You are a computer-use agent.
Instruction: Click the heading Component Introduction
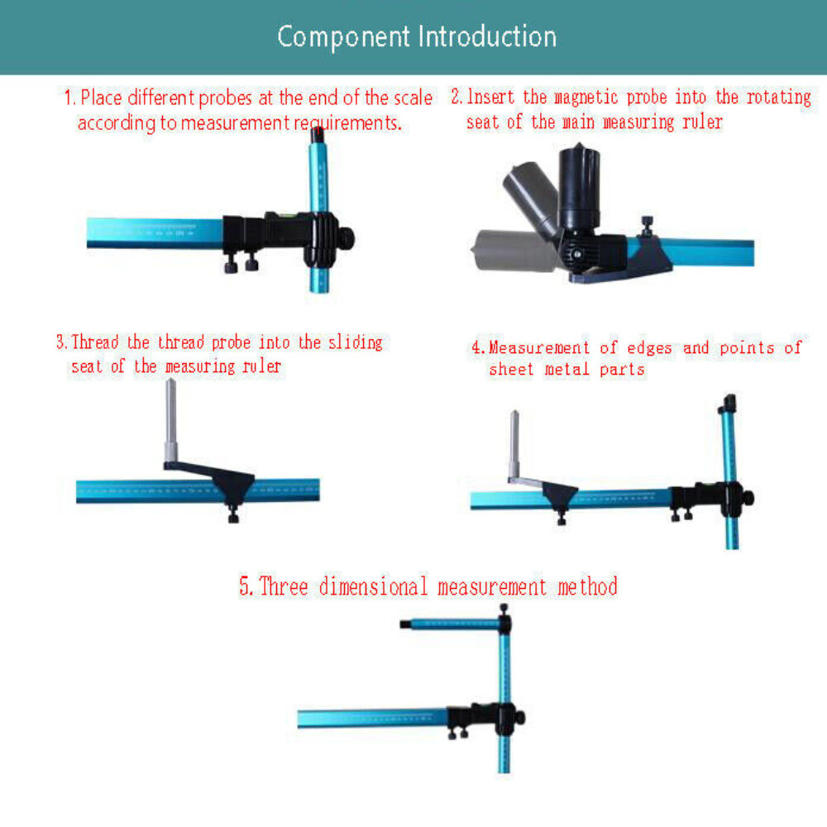pos(416,37)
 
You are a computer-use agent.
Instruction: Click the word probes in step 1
pos(226,98)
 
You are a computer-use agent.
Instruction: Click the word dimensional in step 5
pos(374,587)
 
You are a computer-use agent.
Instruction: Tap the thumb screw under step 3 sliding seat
pos(232,517)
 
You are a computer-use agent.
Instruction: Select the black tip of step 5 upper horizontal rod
pos(405,624)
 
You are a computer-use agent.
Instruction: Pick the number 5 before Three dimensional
pos(246,587)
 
